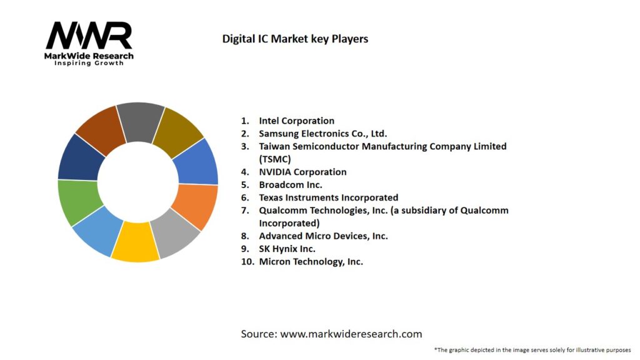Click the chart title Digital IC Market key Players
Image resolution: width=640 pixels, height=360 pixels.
295,39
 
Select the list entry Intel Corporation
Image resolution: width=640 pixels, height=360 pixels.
296,121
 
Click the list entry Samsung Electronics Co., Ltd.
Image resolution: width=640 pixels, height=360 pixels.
322,133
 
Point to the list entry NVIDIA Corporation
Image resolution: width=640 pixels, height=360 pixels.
302,172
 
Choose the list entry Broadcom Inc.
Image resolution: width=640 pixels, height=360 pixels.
291,185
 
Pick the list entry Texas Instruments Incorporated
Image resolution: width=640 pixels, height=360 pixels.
328,197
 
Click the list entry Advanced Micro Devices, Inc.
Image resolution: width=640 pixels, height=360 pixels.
323,236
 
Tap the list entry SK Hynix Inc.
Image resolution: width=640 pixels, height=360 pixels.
287,249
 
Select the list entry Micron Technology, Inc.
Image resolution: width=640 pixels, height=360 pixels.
311,262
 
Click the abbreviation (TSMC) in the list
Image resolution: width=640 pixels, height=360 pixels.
274,159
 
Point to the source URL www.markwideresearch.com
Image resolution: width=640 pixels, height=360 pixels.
351,334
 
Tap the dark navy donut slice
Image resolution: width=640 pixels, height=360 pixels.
81,157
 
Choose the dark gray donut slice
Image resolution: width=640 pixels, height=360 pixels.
140,120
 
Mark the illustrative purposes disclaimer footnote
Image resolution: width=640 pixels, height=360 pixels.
532,350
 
